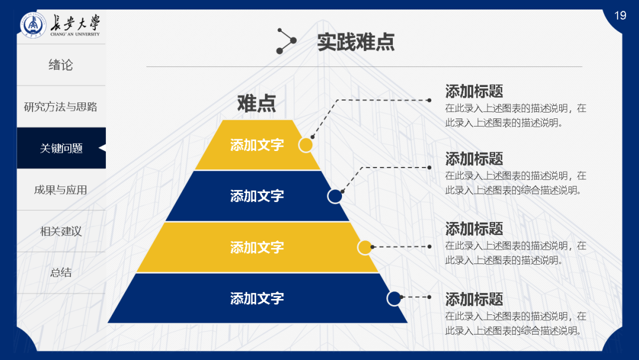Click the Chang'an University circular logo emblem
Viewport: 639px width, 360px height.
pyautogui.click(x=33, y=26)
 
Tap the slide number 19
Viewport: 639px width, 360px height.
pyautogui.click(x=620, y=15)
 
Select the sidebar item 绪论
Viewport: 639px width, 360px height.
pyautogui.click(x=61, y=65)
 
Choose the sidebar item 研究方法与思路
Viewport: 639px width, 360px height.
pyautogui.click(x=61, y=107)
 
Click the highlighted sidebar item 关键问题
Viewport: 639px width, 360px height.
pyautogui.click(x=61, y=149)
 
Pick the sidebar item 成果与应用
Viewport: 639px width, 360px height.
pyautogui.click(x=61, y=190)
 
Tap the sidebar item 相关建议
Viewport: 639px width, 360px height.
pyautogui.click(x=61, y=232)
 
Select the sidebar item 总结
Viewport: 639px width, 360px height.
pyautogui.click(x=61, y=273)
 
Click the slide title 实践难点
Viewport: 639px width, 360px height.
pyautogui.click(x=356, y=42)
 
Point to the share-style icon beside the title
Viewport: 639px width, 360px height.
pyautogui.click(x=286, y=41)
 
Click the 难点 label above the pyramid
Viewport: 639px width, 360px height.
pyautogui.click(x=256, y=103)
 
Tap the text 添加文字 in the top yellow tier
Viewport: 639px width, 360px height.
pyautogui.click(x=257, y=145)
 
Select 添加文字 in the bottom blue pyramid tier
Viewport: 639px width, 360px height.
pyautogui.click(x=257, y=298)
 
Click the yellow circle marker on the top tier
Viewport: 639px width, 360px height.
pyautogui.click(x=305, y=145)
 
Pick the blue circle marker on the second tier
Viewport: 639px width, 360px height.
pyautogui.click(x=335, y=196)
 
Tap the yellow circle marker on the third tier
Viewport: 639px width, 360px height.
pyautogui.click(x=365, y=247)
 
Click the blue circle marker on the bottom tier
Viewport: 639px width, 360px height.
pyautogui.click(x=394, y=298)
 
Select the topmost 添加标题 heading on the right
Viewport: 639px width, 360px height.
pyautogui.click(x=474, y=91)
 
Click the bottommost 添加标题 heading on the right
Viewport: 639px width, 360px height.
pyautogui.click(x=474, y=299)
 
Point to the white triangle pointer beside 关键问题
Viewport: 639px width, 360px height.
pyautogui.click(x=102, y=148)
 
